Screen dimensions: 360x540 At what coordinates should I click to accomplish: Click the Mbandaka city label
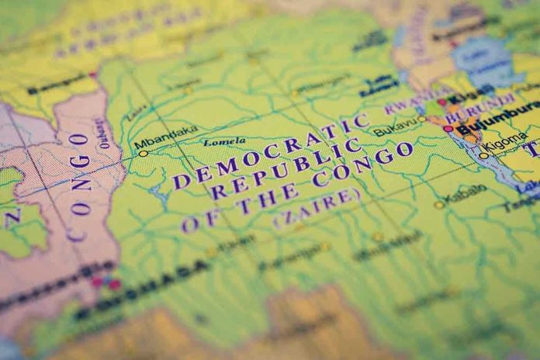click(166, 139)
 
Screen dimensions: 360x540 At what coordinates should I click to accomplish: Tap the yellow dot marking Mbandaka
click(143, 154)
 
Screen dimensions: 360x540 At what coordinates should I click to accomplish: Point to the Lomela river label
click(223, 143)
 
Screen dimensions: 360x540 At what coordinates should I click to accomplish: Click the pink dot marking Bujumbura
click(448, 129)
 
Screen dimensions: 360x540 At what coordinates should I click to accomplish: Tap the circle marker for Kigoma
click(484, 156)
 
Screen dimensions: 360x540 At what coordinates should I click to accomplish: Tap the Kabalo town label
click(466, 192)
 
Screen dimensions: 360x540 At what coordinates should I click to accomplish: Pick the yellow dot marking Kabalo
click(438, 205)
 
